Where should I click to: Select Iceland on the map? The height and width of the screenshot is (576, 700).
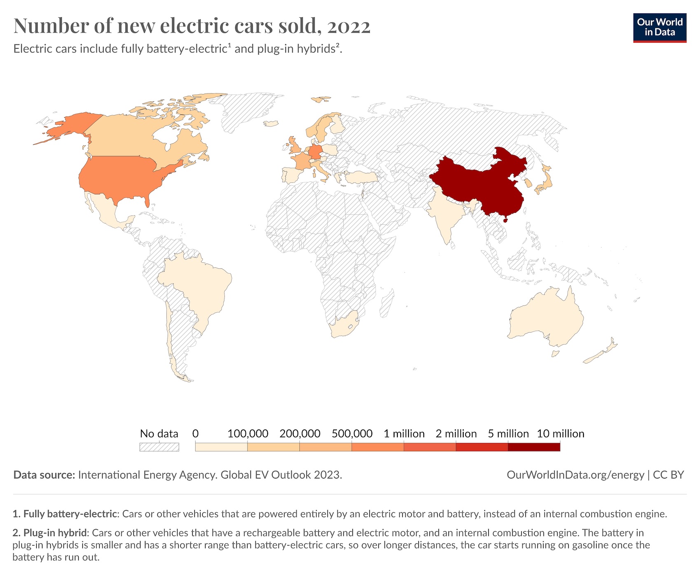click(x=271, y=123)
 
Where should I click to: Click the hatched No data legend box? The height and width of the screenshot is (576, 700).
click(x=159, y=447)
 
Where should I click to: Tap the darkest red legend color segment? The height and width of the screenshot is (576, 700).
click(x=534, y=447)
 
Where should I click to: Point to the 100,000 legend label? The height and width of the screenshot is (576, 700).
click(x=247, y=434)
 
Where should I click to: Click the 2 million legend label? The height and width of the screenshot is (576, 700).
click(x=456, y=434)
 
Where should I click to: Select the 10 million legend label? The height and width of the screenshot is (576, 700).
click(x=560, y=434)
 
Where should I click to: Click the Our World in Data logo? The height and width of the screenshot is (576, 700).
click(x=659, y=28)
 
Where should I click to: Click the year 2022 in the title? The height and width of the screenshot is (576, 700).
click(x=349, y=26)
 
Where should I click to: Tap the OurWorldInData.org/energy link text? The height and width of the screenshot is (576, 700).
click(x=575, y=475)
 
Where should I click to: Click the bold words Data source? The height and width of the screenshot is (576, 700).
click(x=44, y=475)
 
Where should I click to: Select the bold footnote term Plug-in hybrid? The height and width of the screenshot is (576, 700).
click(x=55, y=533)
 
